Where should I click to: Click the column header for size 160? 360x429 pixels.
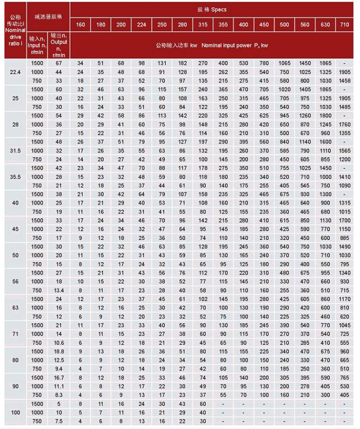coord(80,25)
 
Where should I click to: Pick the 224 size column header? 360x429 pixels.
coord(141,25)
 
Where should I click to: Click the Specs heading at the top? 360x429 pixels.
coord(215,9)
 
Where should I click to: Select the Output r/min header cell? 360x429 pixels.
coord(59,45)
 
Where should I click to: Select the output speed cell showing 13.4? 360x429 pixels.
coord(59,290)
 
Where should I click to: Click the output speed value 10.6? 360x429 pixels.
coord(59,343)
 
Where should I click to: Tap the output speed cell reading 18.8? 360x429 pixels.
coord(59,351)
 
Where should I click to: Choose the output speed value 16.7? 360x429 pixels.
coord(59,378)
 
